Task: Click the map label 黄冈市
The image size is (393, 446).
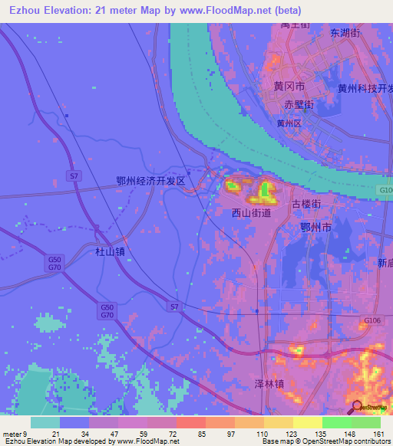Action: [289, 87]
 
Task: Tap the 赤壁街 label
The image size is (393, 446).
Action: [299, 103]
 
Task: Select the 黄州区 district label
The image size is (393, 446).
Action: [291, 122]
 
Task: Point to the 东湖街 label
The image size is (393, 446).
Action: [345, 33]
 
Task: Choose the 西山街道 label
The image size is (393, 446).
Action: [251, 214]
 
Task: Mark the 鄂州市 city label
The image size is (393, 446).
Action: [315, 227]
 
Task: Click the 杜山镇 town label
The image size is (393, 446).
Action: [110, 251]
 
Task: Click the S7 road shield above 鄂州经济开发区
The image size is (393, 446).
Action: [74, 176]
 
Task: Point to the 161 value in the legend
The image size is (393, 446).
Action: [379, 435]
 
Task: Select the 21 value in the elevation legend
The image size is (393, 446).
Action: [54, 435]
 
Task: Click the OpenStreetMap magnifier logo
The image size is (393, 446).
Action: [357, 406]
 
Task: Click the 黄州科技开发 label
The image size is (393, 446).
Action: [365, 88]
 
